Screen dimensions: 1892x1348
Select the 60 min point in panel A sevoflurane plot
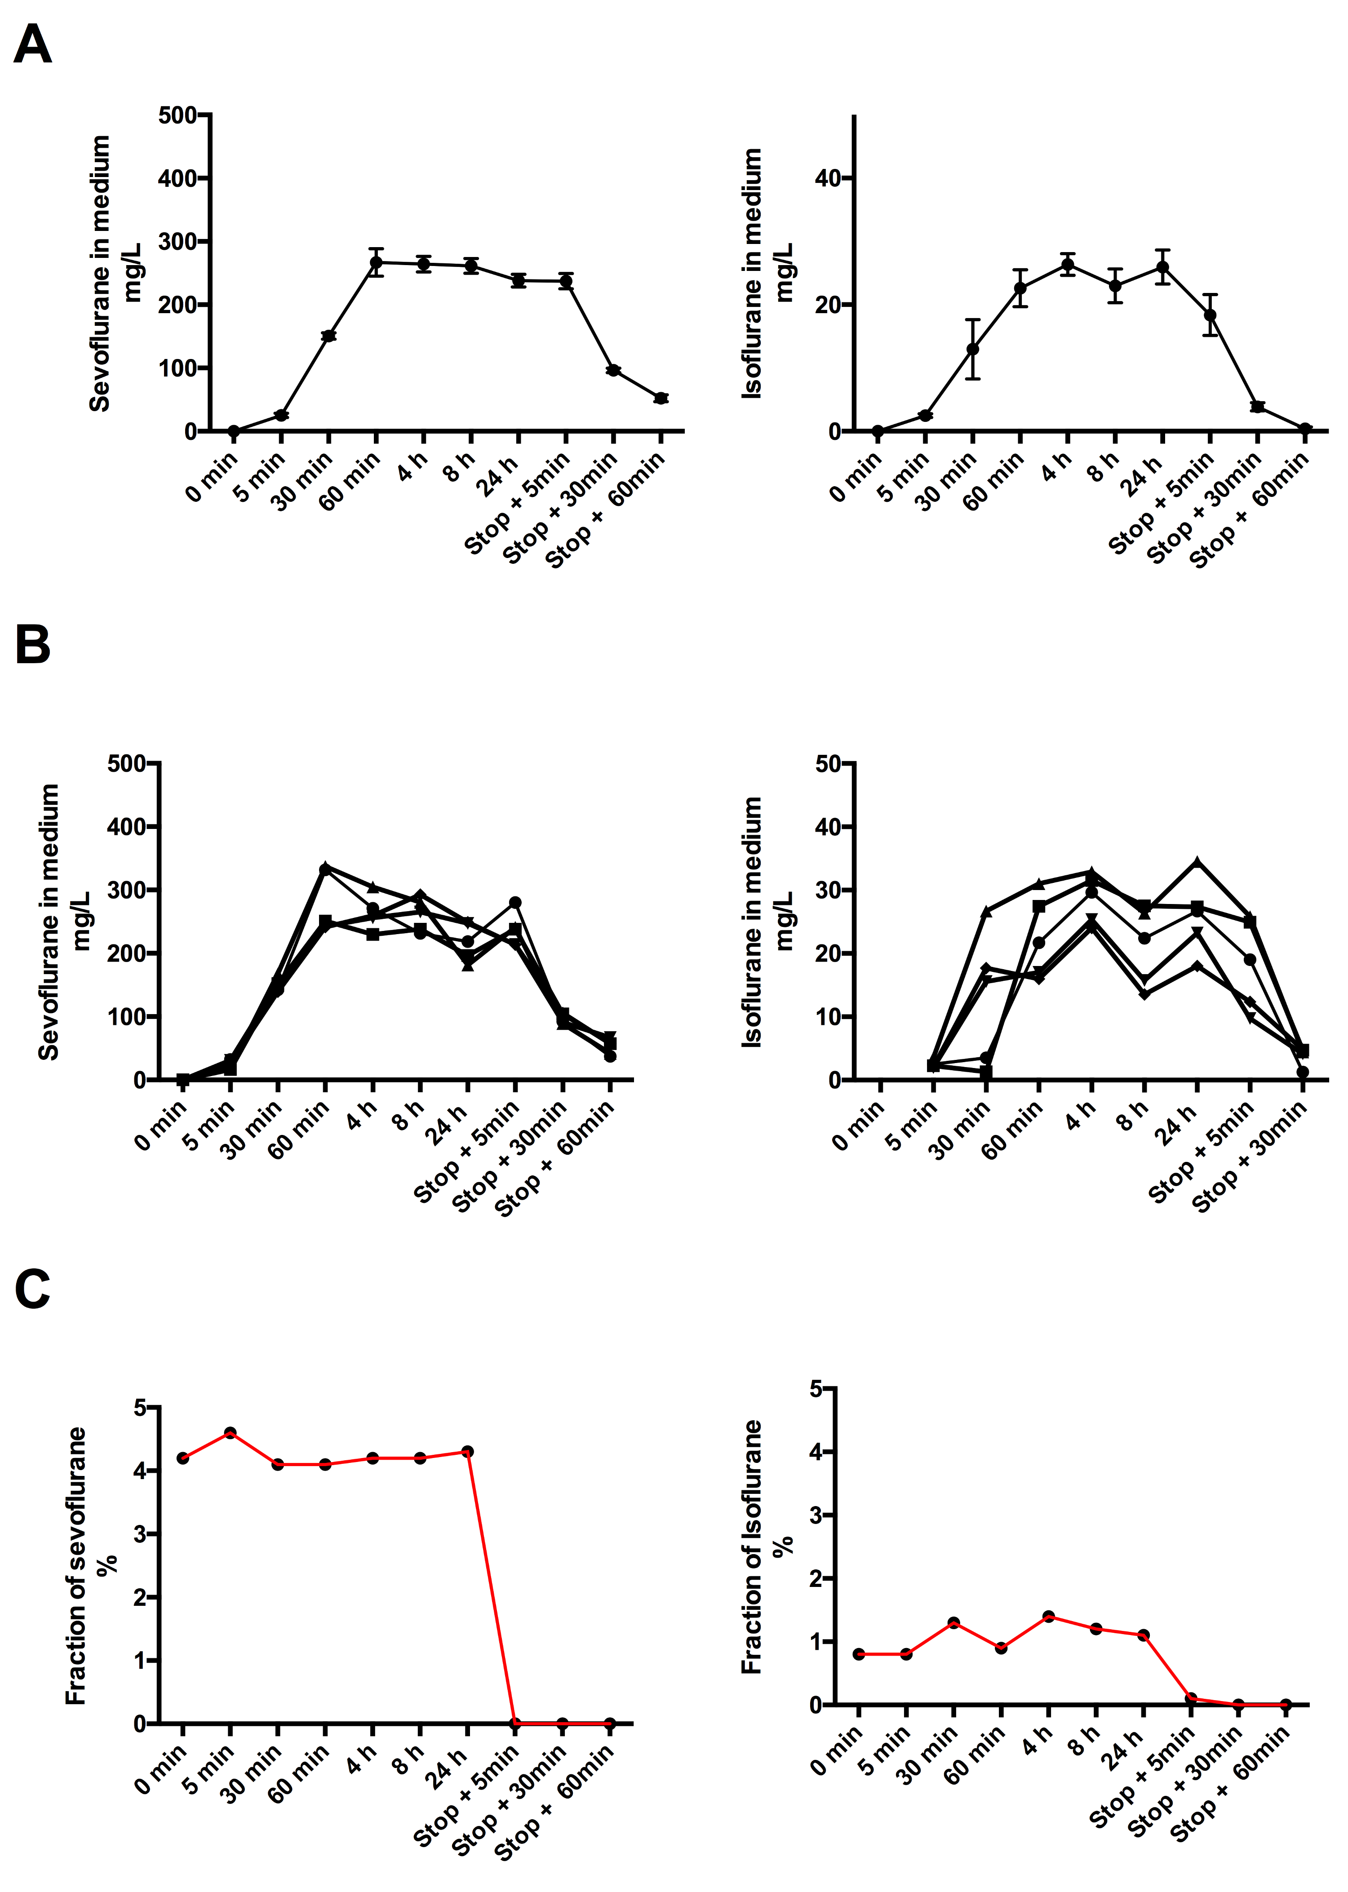coord(376,262)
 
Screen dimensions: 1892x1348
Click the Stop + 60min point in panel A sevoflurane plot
coord(661,399)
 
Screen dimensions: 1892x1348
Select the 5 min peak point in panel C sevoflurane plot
coord(231,1433)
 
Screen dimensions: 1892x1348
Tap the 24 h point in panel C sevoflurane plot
coord(467,1451)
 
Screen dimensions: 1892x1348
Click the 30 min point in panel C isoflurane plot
coord(954,1622)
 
